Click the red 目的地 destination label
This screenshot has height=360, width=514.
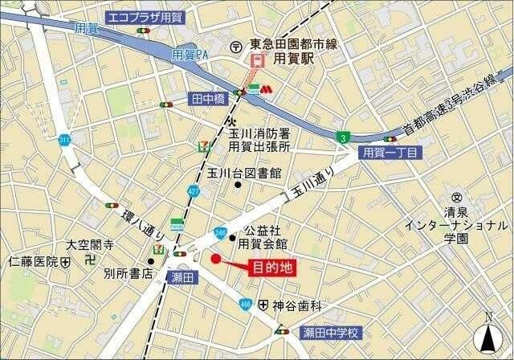(x=273, y=268)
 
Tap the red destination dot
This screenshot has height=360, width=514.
(x=215, y=259)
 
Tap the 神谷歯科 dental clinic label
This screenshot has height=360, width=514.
(x=296, y=305)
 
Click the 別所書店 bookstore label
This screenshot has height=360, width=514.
(x=128, y=273)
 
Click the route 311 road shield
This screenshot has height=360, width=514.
(x=63, y=140)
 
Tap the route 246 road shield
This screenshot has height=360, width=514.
(x=219, y=233)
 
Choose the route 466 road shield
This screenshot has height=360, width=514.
(x=246, y=304)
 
